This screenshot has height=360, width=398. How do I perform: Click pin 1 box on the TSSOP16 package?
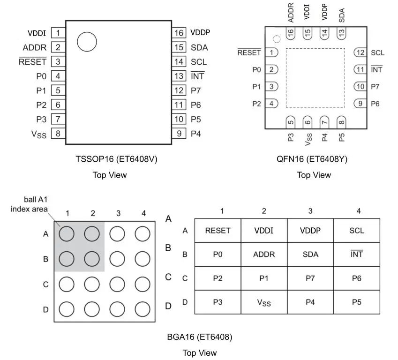[58, 33]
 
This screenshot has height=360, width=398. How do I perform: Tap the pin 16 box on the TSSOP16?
[179, 33]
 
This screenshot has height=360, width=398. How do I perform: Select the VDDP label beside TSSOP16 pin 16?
[200, 33]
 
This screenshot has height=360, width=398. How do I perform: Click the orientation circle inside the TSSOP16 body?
[87, 42]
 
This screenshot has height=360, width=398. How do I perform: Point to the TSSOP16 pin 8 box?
[58, 134]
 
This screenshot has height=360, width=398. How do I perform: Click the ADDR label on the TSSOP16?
[35, 47]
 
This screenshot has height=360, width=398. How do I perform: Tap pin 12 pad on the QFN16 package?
[360, 52]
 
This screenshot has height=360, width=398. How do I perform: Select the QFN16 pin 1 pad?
[271, 52]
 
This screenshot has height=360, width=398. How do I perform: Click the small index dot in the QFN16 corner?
[277, 38]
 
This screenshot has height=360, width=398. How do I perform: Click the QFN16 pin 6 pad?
[308, 122]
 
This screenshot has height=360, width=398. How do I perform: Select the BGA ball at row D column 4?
[142, 309]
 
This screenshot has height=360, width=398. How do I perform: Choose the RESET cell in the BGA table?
[218, 230]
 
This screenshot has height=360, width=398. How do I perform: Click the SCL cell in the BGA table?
[357, 230]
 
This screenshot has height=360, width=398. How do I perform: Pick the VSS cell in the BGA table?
[264, 302]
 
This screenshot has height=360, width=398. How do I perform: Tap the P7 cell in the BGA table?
[310, 278]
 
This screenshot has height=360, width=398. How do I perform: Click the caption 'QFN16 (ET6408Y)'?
[312, 159]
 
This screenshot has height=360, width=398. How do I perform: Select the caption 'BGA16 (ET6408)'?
[200, 337]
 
